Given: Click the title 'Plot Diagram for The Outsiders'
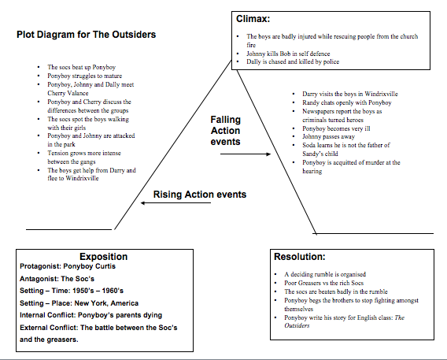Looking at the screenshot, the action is (x=86, y=35).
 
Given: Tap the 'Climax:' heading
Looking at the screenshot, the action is (x=253, y=19).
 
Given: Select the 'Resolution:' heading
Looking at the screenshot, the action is (x=299, y=257).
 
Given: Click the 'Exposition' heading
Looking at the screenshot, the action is (x=103, y=257).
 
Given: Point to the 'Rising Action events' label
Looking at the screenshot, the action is (x=200, y=195).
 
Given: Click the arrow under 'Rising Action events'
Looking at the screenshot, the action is (x=176, y=202).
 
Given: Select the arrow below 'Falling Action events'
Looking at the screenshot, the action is (x=246, y=154).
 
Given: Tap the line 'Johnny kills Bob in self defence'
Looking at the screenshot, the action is (x=288, y=54).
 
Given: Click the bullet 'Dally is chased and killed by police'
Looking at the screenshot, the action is (x=293, y=61).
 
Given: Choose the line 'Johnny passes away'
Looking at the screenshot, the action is (x=328, y=136).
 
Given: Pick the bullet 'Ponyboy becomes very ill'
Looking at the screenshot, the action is (x=336, y=128).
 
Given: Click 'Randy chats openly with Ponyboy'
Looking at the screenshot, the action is (x=346, y=102).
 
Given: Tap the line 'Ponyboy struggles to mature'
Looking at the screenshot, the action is (x=85, y=76).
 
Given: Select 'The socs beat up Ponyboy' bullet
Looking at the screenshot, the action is (x=82, y=67).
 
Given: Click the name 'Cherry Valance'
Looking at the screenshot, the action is (x=68, y=93).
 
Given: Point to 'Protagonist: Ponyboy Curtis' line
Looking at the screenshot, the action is (x=68, y=266).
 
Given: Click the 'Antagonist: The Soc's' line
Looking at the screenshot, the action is (x=57, y=279).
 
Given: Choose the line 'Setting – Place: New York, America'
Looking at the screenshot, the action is (x=79, y=303).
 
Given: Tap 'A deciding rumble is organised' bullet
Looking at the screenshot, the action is (x=325, y=274).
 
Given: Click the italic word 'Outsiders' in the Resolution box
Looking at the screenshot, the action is (x=297, y=325).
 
